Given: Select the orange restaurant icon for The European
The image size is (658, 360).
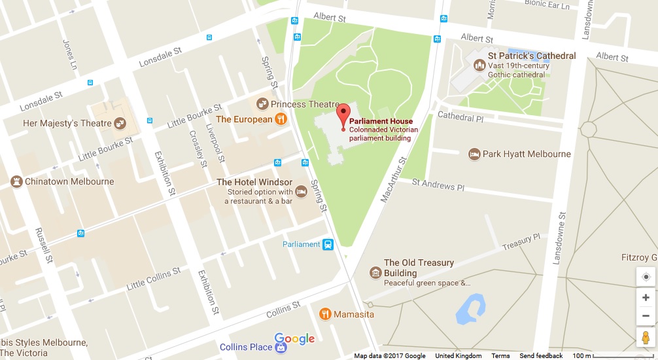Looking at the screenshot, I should (x=280, y=119).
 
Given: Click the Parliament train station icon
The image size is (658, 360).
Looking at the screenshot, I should (x=328, y=245).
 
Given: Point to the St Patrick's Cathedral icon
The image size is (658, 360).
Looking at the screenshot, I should (x=479, y=65).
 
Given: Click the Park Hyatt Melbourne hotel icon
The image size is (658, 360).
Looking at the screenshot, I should (x=474, y=154).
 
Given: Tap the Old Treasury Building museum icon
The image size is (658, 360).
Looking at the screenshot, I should (x=375, y=272).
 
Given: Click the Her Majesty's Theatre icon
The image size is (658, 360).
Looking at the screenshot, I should (x=120, y=123).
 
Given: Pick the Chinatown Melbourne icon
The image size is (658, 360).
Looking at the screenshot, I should (x=16, y=181).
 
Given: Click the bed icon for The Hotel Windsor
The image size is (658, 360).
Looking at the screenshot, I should (x=301, y=192).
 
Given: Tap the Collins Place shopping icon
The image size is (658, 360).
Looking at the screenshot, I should (x=281, y=348).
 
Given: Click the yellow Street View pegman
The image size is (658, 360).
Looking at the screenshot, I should (x=646, y=338).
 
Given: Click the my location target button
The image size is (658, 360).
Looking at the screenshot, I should (x=646, y=277).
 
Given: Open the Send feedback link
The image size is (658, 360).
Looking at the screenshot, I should (x=541, y=356).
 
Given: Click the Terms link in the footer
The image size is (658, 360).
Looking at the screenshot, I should (x=500, y=356).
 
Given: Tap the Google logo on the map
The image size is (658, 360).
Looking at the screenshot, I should (x=294, y=338).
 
